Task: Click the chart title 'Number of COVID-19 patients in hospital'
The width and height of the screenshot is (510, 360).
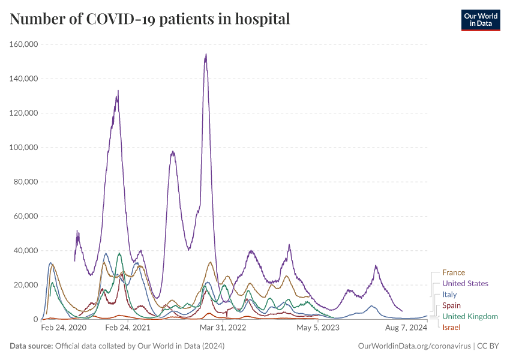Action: coord(150,19)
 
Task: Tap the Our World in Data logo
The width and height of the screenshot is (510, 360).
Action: coord(480,19)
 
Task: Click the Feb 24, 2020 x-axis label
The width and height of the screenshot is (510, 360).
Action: coord(64,328)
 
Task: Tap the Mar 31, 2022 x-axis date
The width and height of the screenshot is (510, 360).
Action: coord(223,328)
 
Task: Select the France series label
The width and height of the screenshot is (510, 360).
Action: coord(454,272)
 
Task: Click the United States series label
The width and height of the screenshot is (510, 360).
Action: coord(465,283)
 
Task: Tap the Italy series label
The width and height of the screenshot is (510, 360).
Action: coord(449,295)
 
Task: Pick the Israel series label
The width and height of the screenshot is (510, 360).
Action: coord(451,327)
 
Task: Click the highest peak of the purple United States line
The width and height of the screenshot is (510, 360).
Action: coord(206,55)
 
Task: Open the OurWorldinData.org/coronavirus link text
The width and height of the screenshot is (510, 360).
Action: coord(413,346)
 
